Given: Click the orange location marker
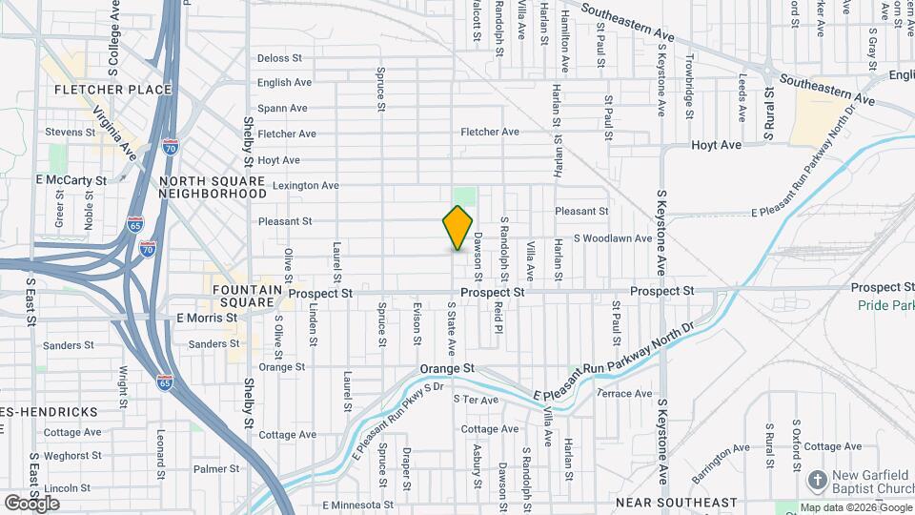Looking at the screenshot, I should pyautogui.click(x=457, y=227).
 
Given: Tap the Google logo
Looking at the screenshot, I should pyautogui.click(x=31, y=503).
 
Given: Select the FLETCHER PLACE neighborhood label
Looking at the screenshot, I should pyautogui.click(x=113, y=90).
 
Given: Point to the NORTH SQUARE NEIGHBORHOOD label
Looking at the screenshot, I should pyautogui.click(x=213, y=186).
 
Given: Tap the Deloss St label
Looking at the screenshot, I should pyautogui.click(x=278, y=58).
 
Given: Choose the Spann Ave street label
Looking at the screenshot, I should pyautogui.click(x=282, y=109).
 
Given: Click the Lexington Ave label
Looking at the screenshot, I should pyautogui.click(x=306, y=185).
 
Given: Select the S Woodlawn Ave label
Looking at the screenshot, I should pyautogui.click(x=612, y=237).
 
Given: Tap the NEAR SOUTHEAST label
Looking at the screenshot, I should pyautogui.click(x=676, y=502).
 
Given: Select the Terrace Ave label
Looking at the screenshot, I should pyautogui.click(x=624, y=393).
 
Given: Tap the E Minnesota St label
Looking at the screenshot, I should pyautogui.click(x=357, y=505).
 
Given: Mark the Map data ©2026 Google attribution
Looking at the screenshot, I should pyautogui.click(x=854, y=507).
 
